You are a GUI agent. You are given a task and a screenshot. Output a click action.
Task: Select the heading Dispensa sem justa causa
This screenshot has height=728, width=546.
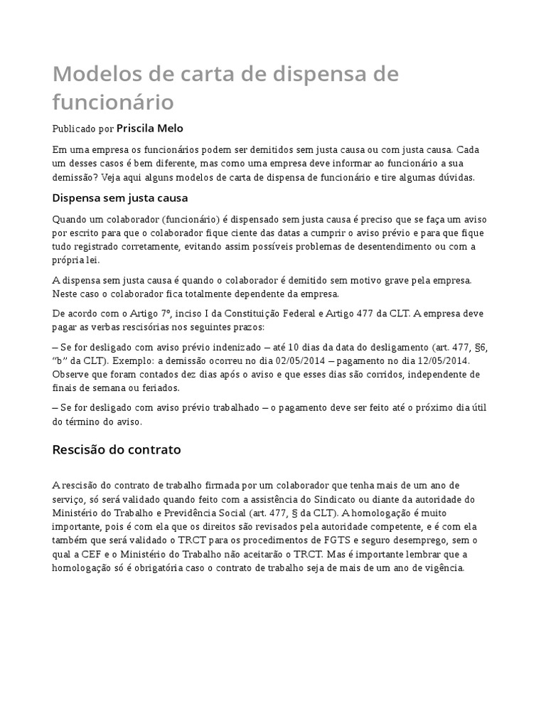pos(120,197)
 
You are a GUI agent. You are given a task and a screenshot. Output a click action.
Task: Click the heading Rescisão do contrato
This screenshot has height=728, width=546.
pos(117,450)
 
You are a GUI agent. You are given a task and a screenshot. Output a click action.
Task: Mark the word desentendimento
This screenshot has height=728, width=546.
pos(381,247)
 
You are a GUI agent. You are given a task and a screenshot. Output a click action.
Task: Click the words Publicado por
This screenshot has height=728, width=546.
pos(82,129)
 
